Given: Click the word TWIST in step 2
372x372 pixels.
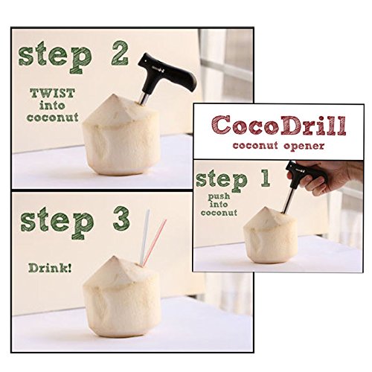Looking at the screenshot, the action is [x=52, y=94].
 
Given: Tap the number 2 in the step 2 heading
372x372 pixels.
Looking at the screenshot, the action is [x=120, y=54].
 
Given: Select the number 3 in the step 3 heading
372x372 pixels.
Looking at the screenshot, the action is [x=121, y=219].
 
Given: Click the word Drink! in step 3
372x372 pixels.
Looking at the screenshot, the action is [x=50, y=268].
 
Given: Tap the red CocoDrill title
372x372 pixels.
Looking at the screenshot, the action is [x=279, y=125].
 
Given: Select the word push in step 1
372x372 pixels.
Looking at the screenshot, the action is [x=219, y=196].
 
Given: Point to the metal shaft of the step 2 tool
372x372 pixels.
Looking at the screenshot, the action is [x=144, y=98].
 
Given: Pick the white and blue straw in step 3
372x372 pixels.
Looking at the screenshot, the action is [x=144, y=237].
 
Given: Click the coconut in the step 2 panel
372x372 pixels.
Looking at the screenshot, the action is [x=121, y=135].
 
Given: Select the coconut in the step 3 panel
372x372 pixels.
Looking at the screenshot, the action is [x=121, y=296].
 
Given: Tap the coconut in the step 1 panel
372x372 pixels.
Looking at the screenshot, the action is [x=270, y=236].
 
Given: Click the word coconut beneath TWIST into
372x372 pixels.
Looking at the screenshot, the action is [x=53, y=118].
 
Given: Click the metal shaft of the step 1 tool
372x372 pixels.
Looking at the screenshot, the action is [x=289, y=200].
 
